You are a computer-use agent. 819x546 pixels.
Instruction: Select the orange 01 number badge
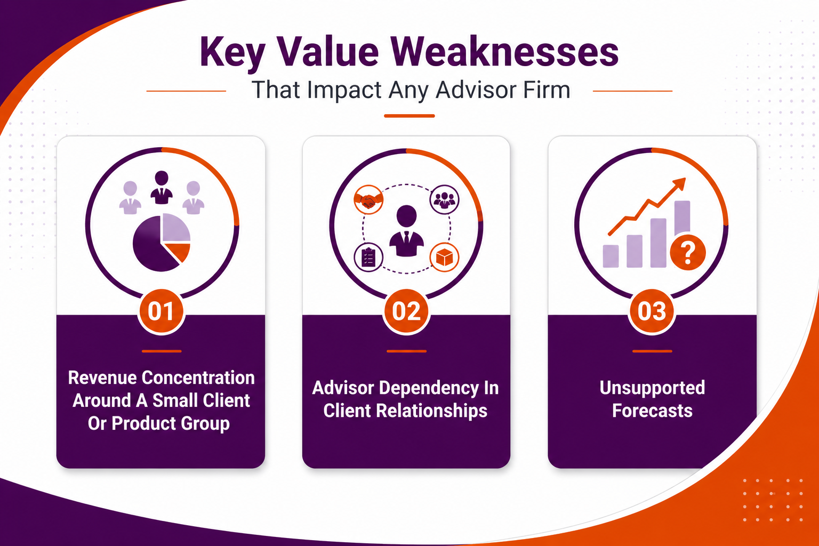coord(161,311)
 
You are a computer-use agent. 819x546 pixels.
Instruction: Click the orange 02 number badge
coord(406,311)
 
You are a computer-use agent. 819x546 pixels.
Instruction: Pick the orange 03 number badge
coord(652,311)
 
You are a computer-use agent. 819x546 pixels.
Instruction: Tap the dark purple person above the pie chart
coord(162,187)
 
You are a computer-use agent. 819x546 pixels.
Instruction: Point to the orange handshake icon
coord(368,200)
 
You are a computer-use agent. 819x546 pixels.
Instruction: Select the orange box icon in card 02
coord(444,258)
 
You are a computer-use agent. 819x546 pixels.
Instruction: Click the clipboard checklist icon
coord(368,258)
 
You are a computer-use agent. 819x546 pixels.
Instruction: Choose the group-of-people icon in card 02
coord(444,199)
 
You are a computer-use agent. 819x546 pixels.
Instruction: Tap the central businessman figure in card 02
coord(406,230)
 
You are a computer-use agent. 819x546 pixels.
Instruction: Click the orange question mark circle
coord(688,252)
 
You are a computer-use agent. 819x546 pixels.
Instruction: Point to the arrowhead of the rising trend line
coord(679,183)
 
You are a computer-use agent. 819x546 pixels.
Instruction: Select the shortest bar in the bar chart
coord(611,256)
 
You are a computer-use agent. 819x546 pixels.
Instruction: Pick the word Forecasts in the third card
coord(652,411)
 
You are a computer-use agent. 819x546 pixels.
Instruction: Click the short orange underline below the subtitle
coord(409,116)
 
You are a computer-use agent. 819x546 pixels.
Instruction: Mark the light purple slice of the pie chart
coord(175,228)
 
